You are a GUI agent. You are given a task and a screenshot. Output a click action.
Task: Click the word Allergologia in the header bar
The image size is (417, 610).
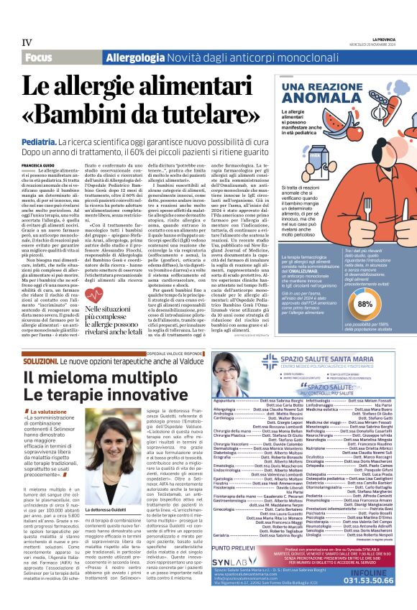point(132,57)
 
